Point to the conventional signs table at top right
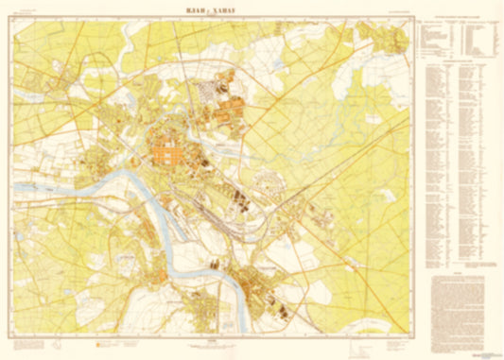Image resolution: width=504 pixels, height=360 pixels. [458, 38]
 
